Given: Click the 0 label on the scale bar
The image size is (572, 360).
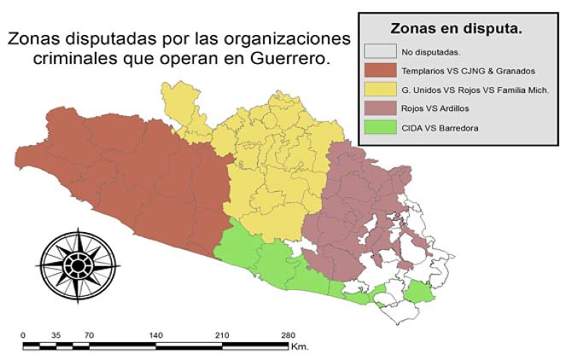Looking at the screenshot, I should [23, 334].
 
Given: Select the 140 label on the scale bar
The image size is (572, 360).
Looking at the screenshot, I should [155, 334].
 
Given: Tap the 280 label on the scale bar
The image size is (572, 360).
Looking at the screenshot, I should [289, 334].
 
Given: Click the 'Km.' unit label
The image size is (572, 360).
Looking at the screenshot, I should [299, 346].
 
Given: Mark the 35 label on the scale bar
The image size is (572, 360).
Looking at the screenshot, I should [56, 334].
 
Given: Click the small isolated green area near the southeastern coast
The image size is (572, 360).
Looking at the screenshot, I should [418, 294].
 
